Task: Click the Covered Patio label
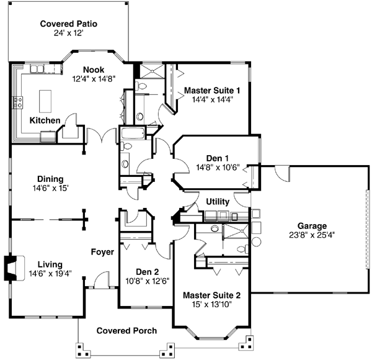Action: [69, 24]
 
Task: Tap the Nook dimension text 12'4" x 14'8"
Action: [94, 79]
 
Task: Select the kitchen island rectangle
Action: [44, 99]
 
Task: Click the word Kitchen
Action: [45, 120]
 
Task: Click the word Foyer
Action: [102, 252]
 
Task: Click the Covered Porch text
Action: [126, 331]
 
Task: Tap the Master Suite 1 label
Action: [212, 91]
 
